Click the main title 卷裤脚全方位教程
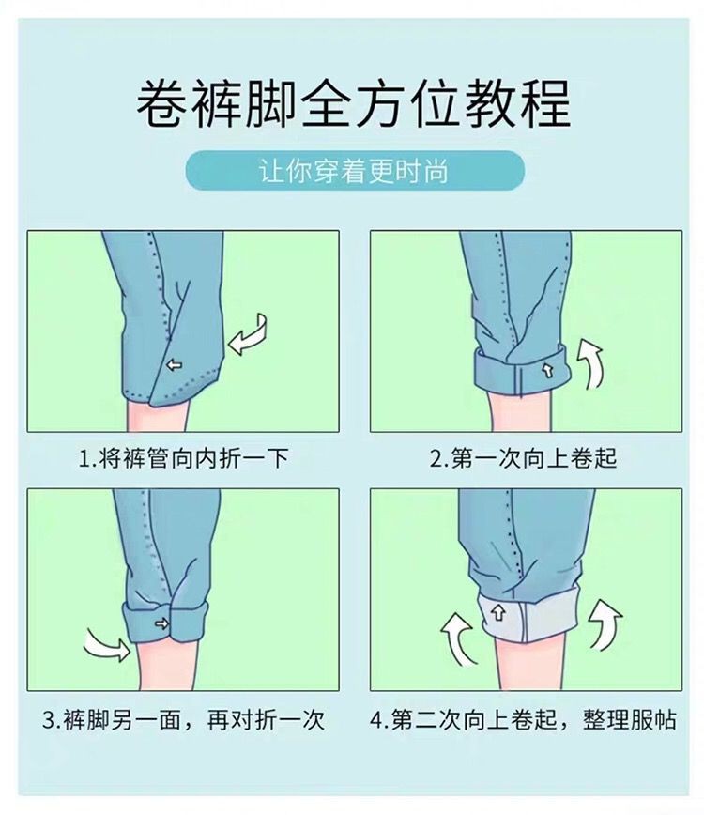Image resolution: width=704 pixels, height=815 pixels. [x=353, y=103]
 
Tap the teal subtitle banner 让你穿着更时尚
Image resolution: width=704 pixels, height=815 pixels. [x=355, y=171]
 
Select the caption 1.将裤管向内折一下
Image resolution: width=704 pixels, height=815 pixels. [x=183, y=458]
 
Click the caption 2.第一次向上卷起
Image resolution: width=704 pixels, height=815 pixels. [x=523, y=458]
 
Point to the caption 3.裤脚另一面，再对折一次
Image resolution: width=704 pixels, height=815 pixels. [x=183, y=720]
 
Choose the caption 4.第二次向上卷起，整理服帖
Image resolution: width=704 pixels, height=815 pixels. [x=523, y=720]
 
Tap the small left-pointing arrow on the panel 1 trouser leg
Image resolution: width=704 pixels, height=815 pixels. [x=174, y=365]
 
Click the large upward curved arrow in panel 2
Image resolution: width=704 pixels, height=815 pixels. [x=592, y=361]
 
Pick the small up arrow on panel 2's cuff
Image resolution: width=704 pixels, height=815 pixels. [x=547, y=371]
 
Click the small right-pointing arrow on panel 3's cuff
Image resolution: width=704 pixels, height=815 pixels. [x=162, y=623]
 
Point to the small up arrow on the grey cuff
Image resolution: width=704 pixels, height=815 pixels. [x=498, y=613]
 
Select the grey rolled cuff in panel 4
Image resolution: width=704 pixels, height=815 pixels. [x=528, y=616]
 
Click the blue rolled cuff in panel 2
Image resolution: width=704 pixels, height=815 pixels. [x=522, y=371]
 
